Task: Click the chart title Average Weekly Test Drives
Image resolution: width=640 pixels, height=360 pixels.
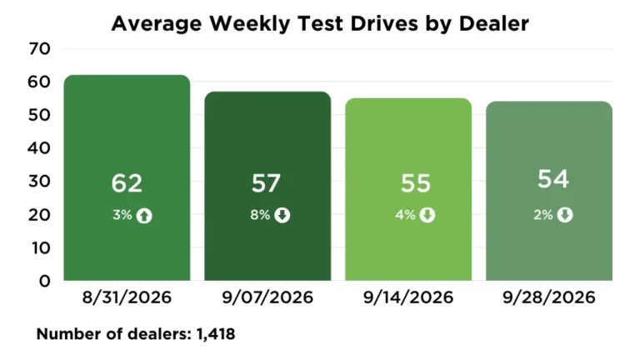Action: click(x=264, y=23)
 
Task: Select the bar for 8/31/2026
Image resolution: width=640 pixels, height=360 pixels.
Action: click(x=127, y=177)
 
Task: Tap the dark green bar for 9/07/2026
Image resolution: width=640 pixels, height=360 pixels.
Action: click(x=267, y=186)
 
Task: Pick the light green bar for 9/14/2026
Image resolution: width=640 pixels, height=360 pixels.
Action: click(x=408, y=189)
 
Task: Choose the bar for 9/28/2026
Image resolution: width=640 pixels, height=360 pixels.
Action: click(x=549, y=191)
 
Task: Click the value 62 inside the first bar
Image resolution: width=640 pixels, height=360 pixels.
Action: click(x=127, y=183)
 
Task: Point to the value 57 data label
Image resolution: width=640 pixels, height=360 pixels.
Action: click(x=266, y=183)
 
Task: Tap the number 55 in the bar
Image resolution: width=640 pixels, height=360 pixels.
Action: click(x=416, y=183)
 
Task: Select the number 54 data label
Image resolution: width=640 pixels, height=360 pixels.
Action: click(x=553, y=179)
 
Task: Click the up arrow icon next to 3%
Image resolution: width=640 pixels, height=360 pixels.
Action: click(x=144, y=216)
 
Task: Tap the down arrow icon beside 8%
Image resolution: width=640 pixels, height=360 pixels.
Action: click(x=282, y=215)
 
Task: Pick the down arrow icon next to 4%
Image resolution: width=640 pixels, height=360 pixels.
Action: click(x=427, y=215)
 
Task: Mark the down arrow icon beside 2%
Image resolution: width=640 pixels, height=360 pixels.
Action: click(x=565, y=215)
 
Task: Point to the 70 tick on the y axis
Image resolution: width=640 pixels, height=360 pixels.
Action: click(x=40, y=49)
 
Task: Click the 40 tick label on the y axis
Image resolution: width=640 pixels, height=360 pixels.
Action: click(x=39, y=148)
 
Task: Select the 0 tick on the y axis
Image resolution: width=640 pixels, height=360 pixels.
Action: click(x=45, y=281)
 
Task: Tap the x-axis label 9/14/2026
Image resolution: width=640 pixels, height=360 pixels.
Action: click(x=408, y=297)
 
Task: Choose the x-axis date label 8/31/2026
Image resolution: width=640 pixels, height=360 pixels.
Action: click(x=127, y=297)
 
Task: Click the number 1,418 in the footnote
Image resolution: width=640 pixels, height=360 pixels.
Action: click(x=216, y=334)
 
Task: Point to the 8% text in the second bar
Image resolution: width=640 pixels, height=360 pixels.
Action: click(x=260, y=215)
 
